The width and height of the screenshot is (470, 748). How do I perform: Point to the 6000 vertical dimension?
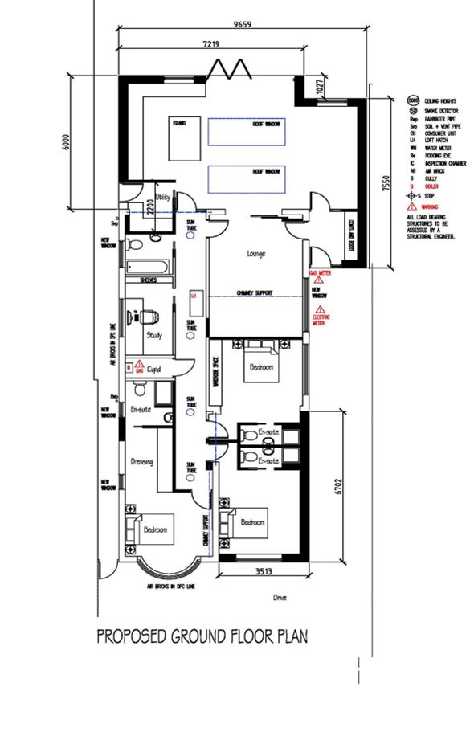pos(67,141)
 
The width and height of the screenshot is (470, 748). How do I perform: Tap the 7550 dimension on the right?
pos(386,185)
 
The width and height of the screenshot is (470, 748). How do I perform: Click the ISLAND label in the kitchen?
pos(178,123)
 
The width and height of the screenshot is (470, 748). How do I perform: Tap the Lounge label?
pos(255,255)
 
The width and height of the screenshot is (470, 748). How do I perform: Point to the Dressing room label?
pos(141,462)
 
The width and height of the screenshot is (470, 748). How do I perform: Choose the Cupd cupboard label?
pos(154,369)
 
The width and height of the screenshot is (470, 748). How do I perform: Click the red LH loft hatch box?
pos(193,296)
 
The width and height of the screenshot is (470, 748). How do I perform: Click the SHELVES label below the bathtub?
pos(148,281)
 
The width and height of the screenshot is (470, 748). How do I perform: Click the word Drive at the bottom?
pos(280,598)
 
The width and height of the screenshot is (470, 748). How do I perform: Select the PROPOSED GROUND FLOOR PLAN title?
pos(202,637)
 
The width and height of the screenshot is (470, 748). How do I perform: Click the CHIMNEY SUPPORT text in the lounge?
pos(255,292)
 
